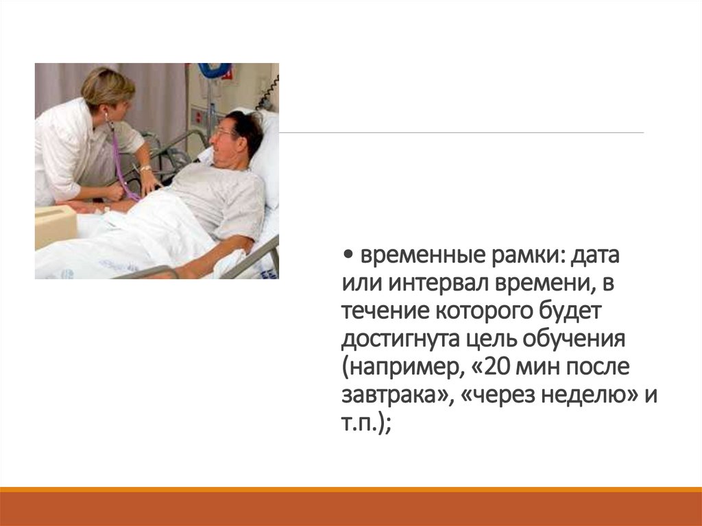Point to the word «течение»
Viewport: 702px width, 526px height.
(384, 312)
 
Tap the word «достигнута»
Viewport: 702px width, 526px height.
(401, 339)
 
